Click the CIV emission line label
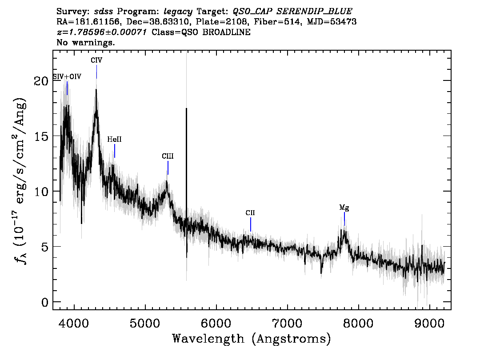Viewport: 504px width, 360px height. (96, 60)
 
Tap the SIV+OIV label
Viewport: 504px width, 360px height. (67, 77)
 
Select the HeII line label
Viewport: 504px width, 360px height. (114, 140)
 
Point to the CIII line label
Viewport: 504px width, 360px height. (168, 156)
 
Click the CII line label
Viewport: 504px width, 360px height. (250, 213)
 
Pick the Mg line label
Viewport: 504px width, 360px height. (344, 208)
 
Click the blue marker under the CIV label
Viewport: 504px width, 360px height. (97, 72)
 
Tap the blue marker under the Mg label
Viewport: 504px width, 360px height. (344, 219)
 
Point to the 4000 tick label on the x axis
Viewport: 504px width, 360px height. (74, 323)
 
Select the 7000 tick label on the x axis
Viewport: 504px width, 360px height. (288, 323)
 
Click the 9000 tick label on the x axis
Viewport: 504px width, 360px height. (429, 323)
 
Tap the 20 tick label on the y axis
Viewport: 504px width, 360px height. (41, 81)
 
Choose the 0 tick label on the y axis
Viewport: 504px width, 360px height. (45, 302)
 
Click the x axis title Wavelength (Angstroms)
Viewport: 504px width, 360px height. (252, 339)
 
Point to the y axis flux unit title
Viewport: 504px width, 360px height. (20, 180)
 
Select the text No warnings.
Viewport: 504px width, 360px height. (85, 42)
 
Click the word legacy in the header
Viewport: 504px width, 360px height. (178, 12)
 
